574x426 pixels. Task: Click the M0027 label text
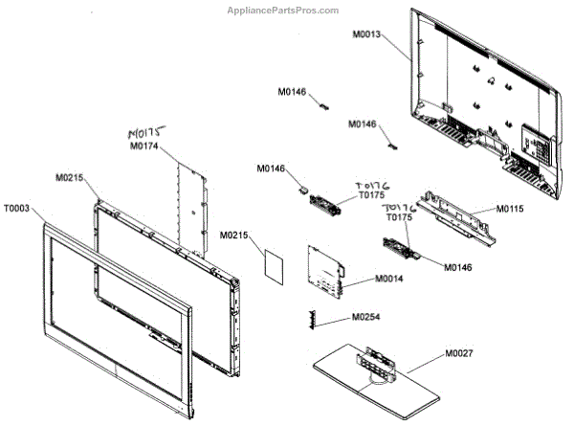(x=458, y=355)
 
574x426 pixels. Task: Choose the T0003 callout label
(x=17, y=207)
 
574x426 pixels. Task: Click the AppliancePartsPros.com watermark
(x=282, y=11)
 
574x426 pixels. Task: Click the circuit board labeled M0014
(x=324, y=269)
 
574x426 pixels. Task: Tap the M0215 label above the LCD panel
(x=70, y=178)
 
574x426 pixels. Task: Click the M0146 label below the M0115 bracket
(x=457, y=266)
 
